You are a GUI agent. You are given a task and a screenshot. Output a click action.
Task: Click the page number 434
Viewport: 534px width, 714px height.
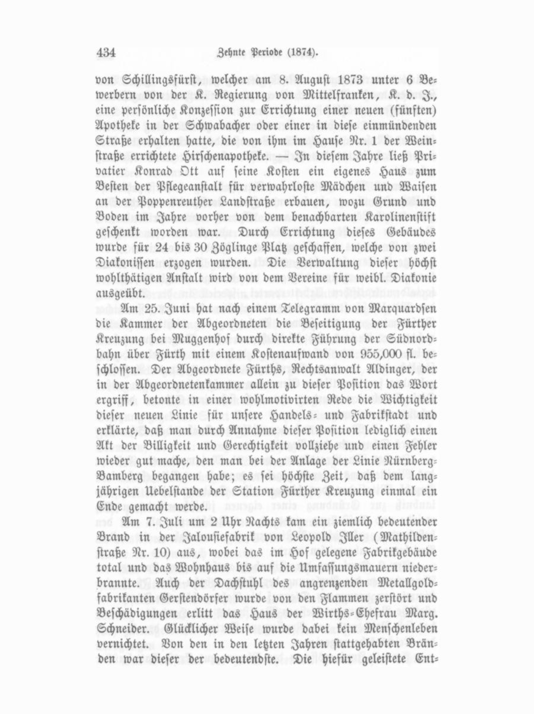[x=106, y=52]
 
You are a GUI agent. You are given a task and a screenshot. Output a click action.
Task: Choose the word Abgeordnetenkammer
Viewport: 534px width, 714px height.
[x=193, y=385]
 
